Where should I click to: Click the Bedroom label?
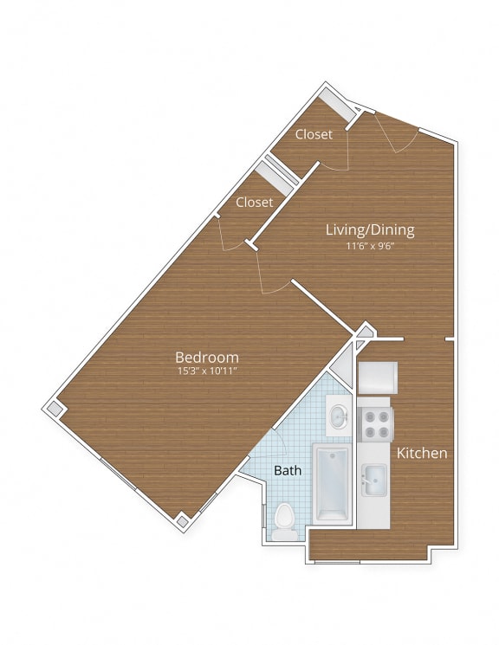[207, 357]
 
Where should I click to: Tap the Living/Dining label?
[370, 229]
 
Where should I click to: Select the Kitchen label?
[422, 453]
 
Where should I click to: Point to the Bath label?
[287, 471]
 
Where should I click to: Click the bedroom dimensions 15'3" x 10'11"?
[207, 371]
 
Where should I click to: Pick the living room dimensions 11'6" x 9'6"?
[370, 244]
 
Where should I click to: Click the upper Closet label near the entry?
[314, 134]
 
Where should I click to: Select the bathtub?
[332, 483]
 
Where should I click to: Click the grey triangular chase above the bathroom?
[364, 333]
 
